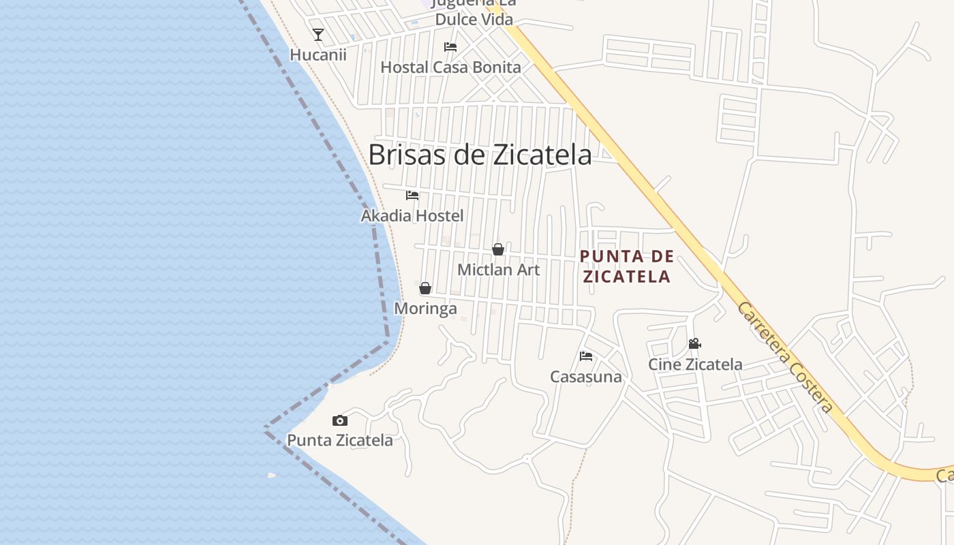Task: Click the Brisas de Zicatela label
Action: [480, 155]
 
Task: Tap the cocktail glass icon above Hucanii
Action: [318, 34]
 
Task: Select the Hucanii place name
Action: [318, 54]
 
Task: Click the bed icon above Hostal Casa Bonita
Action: [450, 47]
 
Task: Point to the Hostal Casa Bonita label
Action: [450, 67]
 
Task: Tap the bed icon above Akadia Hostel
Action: [412, 196]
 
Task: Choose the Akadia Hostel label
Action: [412, 216]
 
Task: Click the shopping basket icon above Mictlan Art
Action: [498, 249]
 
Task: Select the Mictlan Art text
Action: [498, 270]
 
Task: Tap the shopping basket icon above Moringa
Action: [425, 288]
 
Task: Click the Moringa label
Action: [425, 309]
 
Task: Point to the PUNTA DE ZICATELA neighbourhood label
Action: [626, 266]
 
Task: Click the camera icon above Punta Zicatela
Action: [340, 420]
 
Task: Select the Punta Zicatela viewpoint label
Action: [340, 440]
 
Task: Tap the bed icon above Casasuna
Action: [586, 356]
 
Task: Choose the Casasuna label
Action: [586, 377]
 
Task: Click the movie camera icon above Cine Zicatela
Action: [695, 344]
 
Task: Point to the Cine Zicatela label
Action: [695, 364]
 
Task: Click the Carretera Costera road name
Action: [785, 357]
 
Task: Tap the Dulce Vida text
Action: [474, 19]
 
